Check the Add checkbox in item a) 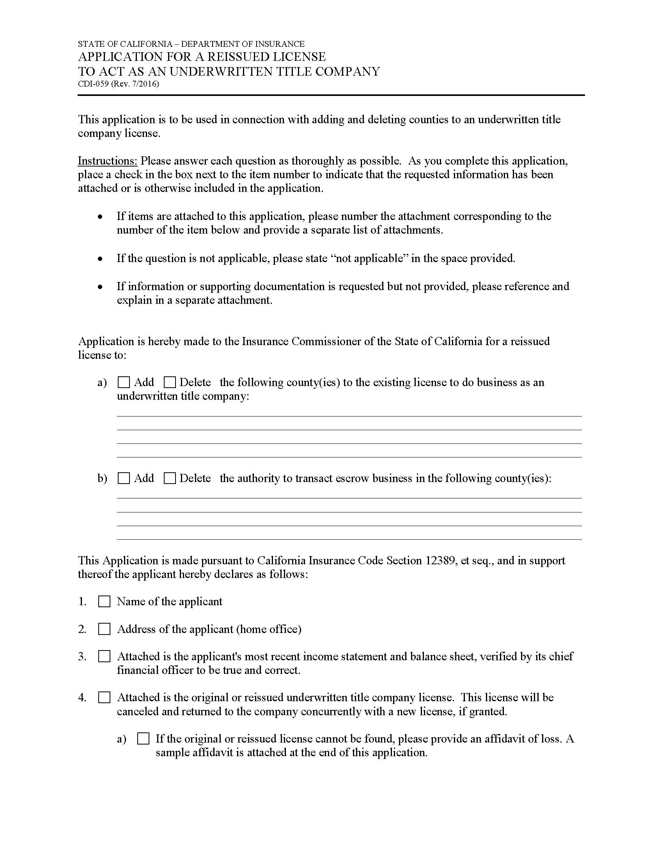point(124,382)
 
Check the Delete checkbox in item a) point(170,382)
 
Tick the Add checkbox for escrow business point(124,478)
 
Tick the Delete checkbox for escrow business point(170,478)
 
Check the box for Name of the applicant point(104,601)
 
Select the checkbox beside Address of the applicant point(104,629)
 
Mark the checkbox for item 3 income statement point(104,656)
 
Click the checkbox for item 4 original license point(104,697)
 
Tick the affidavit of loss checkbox point(144,739)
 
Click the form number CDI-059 point(94,84)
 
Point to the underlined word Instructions point(107,161)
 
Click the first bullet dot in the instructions point(101,216)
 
